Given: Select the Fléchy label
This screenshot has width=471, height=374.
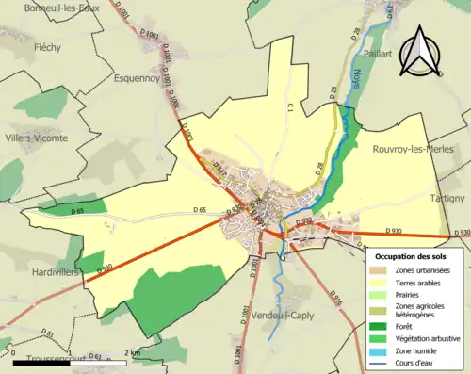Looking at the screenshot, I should click(47, 45).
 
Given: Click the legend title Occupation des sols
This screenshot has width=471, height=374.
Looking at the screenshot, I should click(410, 255).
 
